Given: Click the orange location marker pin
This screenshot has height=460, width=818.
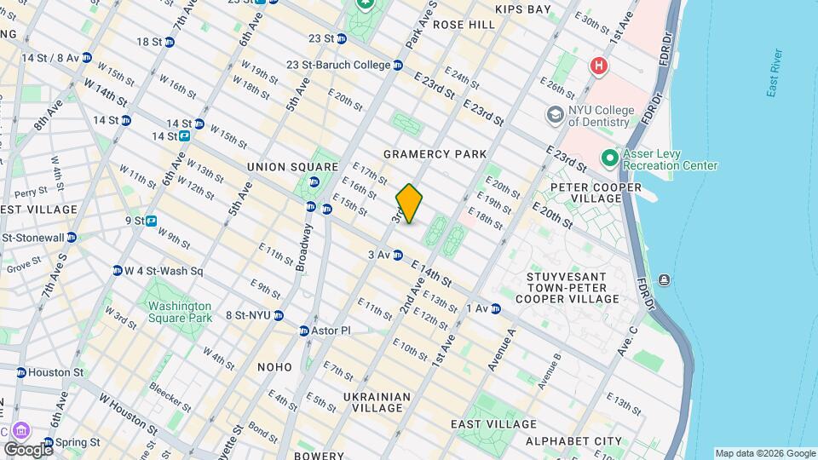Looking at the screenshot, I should click(x=409, y=204).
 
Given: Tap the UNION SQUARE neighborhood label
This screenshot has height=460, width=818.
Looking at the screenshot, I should click(x=292, y=166).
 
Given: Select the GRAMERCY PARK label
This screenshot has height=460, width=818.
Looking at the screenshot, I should click(x=435, y=154).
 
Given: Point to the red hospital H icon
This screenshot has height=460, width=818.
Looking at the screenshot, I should click(x=599, y=66).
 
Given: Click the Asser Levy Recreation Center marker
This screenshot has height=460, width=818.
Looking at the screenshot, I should click(x=609, y=158).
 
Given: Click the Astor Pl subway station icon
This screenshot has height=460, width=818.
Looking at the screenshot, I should click(x=303, y=331).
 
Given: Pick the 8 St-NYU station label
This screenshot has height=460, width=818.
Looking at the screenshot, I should click(x=248, y=315).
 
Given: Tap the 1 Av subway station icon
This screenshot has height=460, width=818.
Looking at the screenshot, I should click(x=495, y=308).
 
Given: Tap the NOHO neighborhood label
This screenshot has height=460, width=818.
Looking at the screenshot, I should click(x=274, y=367).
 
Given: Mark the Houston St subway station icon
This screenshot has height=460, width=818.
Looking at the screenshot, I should click(x=20, y=372).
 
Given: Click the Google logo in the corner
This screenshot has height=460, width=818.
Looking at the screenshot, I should click(x=27, y=449).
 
